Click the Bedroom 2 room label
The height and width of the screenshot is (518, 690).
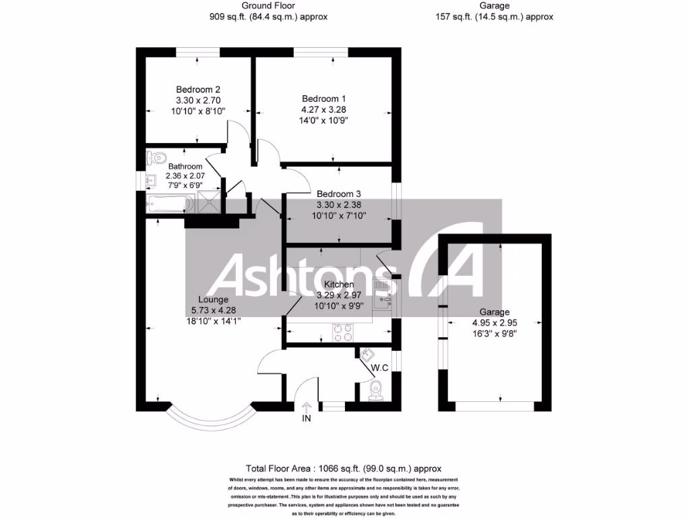[x=198, y=89]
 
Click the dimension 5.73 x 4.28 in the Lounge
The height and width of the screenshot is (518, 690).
[x=212, y=310]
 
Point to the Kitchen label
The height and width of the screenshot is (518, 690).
[x=339, y=285]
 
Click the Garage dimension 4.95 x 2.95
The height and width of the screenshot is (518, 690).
[x=495, y=323]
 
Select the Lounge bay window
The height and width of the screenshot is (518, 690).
[x=210, y=420]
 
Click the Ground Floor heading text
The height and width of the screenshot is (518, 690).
[x=268, y=5]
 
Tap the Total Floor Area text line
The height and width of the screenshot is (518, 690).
[x=344, y=467]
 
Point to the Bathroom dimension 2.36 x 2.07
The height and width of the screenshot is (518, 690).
[x=185, y=175]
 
